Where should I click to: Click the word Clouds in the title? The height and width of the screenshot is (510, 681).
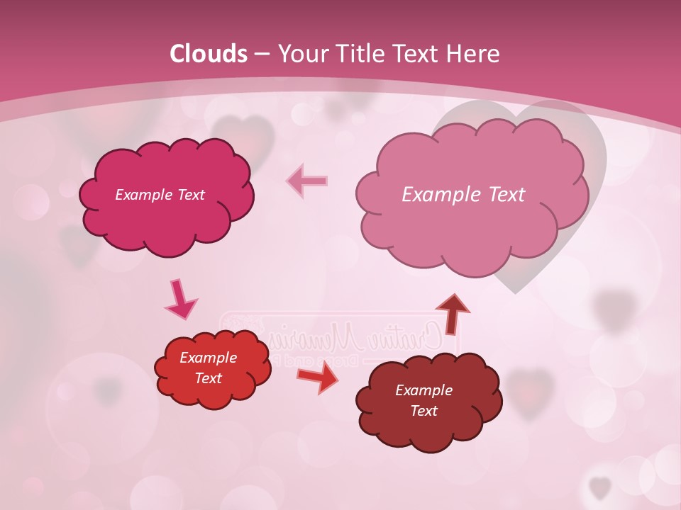pos(209,54)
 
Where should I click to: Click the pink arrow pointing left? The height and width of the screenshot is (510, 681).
pos(306,181)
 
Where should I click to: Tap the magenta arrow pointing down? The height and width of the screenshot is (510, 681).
pos(180,299)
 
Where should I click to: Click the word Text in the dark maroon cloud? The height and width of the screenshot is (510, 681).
pos(423,411)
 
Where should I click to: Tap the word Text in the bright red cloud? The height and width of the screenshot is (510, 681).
pos(208,378)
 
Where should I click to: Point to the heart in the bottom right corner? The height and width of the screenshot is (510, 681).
pos(600,487)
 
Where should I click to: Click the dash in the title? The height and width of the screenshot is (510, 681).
pos(262,54)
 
